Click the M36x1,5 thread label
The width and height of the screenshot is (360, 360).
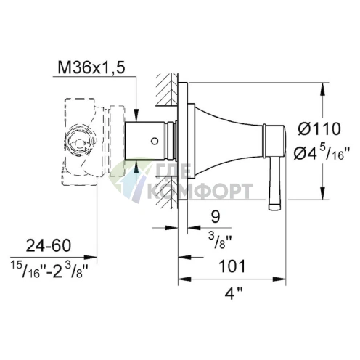(x=91, y=67)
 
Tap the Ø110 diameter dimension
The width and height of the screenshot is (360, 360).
(x=319, y=128)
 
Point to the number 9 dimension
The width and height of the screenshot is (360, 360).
(x=216, y=216)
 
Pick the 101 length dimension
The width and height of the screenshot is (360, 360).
(x=232, y=266)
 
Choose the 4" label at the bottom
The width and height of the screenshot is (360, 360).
(x=233, y=294)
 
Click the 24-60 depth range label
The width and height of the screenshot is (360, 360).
(x=49, y=245)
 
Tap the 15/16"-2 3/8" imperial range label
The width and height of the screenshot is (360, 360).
(x=49, y=269)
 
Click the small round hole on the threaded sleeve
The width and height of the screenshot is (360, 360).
(x=155, y=141)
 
